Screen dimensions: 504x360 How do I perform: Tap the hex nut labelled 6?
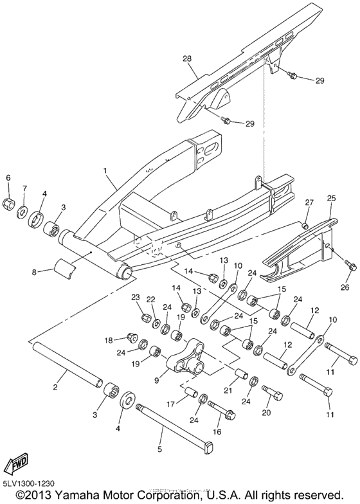[x=10, y=204]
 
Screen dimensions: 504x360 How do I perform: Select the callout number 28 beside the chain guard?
[x=187, y=59]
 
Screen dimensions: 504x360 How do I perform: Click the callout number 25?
[x=331, y=199]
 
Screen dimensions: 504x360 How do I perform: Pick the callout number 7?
[x=25, y=188]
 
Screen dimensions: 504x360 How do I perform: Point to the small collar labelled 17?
[x=190, y=392]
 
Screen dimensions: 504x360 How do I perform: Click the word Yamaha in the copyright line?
[x=78, y=496]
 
